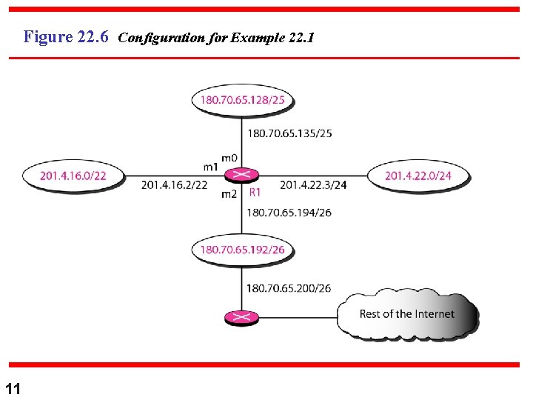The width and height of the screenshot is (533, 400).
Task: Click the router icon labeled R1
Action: tap(241, 176)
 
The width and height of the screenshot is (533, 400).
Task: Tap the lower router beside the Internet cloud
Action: tap(241, 318)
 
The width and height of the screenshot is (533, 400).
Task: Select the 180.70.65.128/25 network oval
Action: tap(243, 100)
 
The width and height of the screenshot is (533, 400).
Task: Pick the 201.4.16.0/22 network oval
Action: tap(73, 176)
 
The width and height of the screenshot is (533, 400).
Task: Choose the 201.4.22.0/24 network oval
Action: tap(418, 176)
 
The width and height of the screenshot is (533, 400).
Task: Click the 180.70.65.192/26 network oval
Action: tap(243, 250)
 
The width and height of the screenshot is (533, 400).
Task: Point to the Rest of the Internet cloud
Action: tap(407, 315)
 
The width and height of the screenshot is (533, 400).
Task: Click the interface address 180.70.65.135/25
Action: tap(289, 134)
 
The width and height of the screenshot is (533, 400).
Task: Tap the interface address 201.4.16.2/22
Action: tap(175, 185)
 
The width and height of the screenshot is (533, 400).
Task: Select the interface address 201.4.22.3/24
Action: tap(313, 185)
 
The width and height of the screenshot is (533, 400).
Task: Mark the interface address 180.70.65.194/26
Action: tap(289, 213)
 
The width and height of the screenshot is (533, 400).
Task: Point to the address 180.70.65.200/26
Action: tap(289, 288)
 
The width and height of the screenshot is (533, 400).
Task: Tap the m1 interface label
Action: tap(211, 167)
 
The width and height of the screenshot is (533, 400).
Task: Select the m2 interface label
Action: tap(229, 194)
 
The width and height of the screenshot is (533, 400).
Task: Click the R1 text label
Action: tap(255, 193)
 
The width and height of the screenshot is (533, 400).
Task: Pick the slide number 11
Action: tap(13, 388)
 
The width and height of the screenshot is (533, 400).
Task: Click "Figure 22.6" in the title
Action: tap(67, 36)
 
